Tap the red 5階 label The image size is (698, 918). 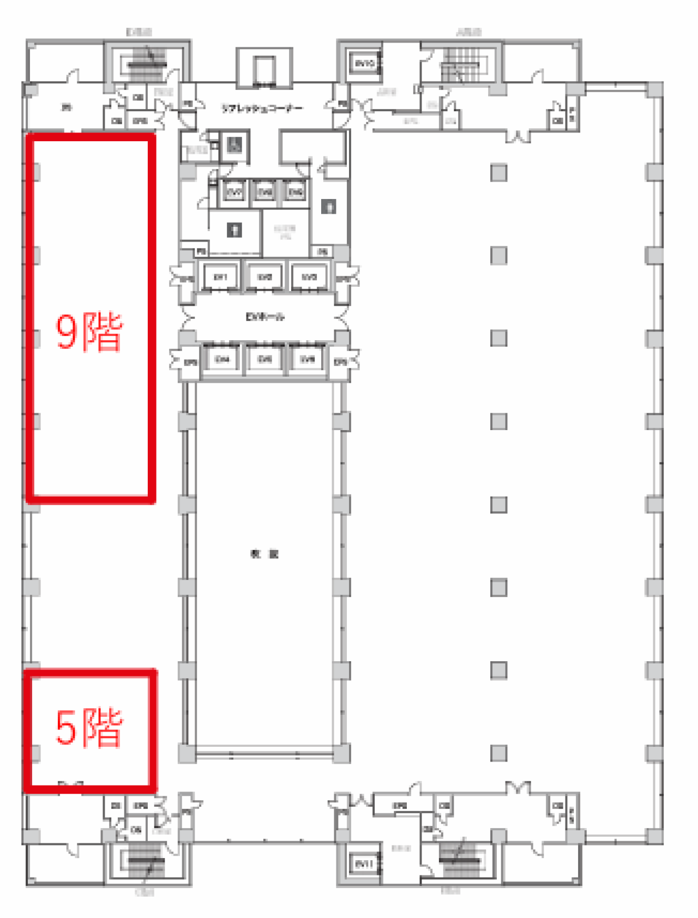(x=90, y=727)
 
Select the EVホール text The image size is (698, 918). (x=264, y=317)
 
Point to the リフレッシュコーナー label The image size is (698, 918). (x=262, y=108)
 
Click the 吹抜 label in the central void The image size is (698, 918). (x=264, y=554)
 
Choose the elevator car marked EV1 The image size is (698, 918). (x=221, y=277)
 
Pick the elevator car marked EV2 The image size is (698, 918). (x=265, y=277)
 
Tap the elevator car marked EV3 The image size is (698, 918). (x=309, y=277)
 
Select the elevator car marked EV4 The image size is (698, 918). (x=221, y=360)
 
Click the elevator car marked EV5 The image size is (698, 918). (x=265, y=360)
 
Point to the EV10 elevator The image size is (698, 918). (x=364, y=64)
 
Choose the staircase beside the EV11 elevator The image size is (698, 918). (x=459, y=859)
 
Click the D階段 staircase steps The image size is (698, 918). (x=146, y=64)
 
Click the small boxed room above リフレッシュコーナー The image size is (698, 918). (x=264, y=68)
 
